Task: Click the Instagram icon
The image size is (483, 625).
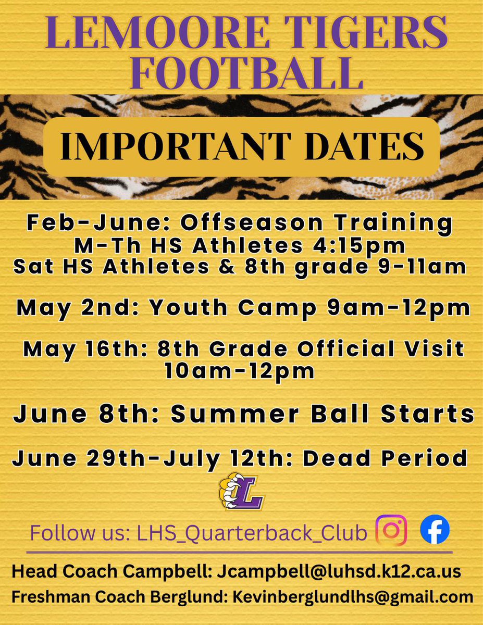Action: pos(391,530)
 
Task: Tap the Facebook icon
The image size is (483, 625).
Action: pos(435,530)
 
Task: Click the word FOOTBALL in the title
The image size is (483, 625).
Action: pos(242,73)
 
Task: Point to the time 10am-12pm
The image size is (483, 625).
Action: pos(239,371)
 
